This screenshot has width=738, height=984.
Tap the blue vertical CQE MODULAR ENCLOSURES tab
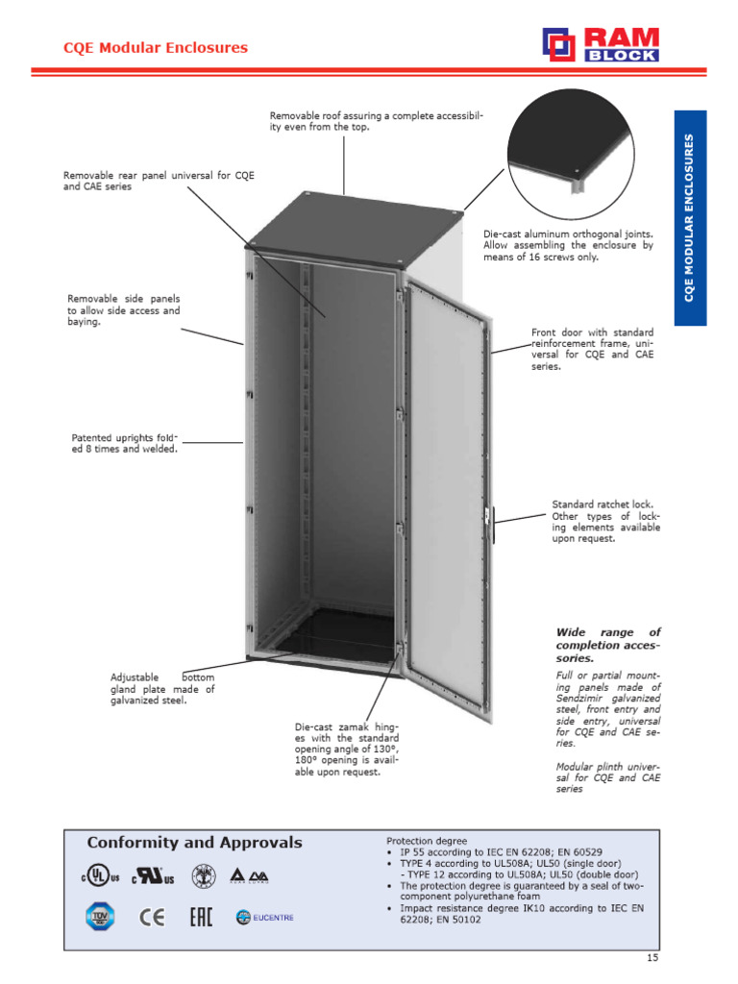690,217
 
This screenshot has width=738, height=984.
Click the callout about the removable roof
376,121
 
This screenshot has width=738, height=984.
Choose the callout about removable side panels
123,310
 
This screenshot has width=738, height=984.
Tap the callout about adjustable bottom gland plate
162,689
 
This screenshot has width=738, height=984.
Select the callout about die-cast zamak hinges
346,750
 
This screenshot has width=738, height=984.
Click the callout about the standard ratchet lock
605,521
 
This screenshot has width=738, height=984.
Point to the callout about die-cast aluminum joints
568,245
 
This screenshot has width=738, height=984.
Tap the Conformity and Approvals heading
194,843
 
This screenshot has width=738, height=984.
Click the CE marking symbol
152,918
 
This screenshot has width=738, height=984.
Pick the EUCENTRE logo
264,918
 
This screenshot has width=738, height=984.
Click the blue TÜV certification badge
101,917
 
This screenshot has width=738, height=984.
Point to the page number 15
652,957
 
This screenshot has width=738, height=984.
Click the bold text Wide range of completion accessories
608,645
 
